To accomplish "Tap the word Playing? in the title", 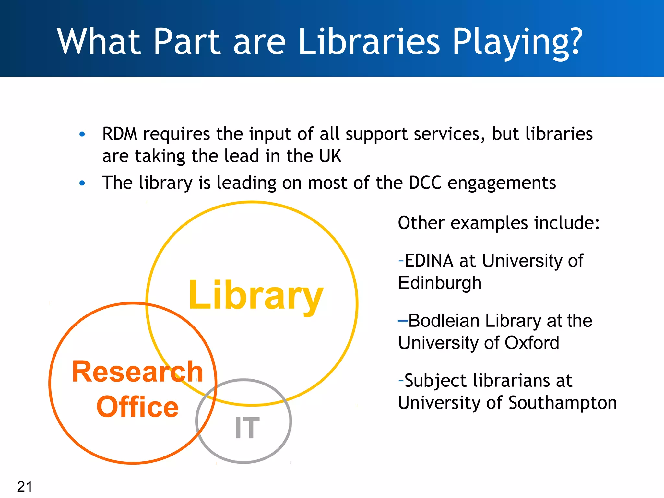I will pyautogui.click(x=517, y=42).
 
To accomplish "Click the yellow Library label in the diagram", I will pyautogui.click(x=256, y=295).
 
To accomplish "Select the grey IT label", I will pyautogui.click(x=247, y=428).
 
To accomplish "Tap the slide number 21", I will pyautogui.click(x=25, y=486).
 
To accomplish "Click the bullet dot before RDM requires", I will pyautogui.click(x=82, y=134).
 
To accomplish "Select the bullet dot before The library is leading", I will pyautogui.click(x=82, y=183).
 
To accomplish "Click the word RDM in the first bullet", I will pyautogui.click(x=120, y=134).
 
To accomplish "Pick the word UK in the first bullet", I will pyautogui.click(x=330, y=156).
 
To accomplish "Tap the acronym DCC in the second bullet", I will pyautogui.click(x=425, y=183).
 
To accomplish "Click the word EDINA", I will pyautogui.click(x=429, y=261).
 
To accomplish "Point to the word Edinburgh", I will pyautogui.click(x=440, y=283).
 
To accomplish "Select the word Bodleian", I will pyautogui.click(x=444, y=321).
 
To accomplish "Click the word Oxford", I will pyautogui.click(x=532, y=343).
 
